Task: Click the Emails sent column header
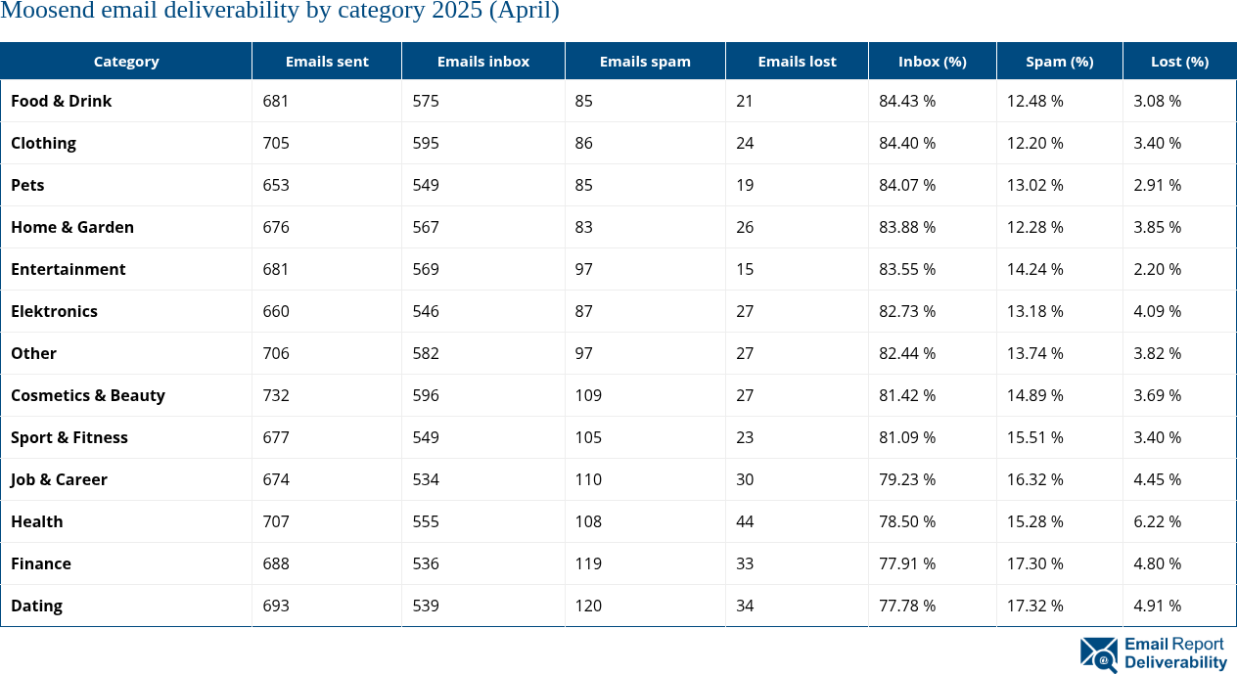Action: (327, 61)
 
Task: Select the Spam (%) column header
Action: (1059, 61)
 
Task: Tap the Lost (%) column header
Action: (1179, 61)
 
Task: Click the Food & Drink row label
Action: (61, 101)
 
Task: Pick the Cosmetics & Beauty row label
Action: (88, 395)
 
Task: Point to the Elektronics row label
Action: (54, 311)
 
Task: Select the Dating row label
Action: (36, 606)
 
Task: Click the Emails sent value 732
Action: (276, 395)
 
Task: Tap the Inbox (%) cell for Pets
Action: (907, 185)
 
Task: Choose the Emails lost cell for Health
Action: (745, 521)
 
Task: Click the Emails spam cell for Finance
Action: (588, 563)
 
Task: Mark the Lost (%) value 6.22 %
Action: (1157, 521)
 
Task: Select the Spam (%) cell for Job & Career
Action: (1035, 479)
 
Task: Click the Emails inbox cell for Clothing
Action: (426, 143)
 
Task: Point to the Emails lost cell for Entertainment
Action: (745, 269)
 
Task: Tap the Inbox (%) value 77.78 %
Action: (907, 606)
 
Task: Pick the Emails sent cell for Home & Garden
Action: (276, 227)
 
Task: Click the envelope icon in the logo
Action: (1098, 653)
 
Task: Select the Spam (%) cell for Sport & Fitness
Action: (1035, 437)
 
